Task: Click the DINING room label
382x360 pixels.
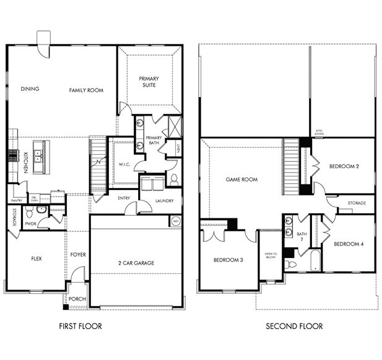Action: (29, 89)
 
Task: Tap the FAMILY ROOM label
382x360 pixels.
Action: (85, 90)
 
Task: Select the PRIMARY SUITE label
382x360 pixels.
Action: (148, 82)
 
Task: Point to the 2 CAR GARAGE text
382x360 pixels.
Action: (136, 263)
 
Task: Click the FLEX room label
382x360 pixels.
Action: (35, 259)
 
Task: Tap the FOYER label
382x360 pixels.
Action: (78, 254)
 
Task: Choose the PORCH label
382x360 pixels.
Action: (77, 299)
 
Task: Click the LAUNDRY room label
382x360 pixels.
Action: (164, 200)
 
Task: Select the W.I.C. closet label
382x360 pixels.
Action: (123, 165)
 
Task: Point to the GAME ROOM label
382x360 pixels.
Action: (241, 179)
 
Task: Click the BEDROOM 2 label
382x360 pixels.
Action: (345, 166)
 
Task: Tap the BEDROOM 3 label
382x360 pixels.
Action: (228, 260)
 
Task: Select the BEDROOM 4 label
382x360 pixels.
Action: (349, 244)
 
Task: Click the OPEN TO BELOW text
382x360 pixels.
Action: (271, 255)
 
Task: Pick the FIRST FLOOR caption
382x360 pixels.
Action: (80, 326)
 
